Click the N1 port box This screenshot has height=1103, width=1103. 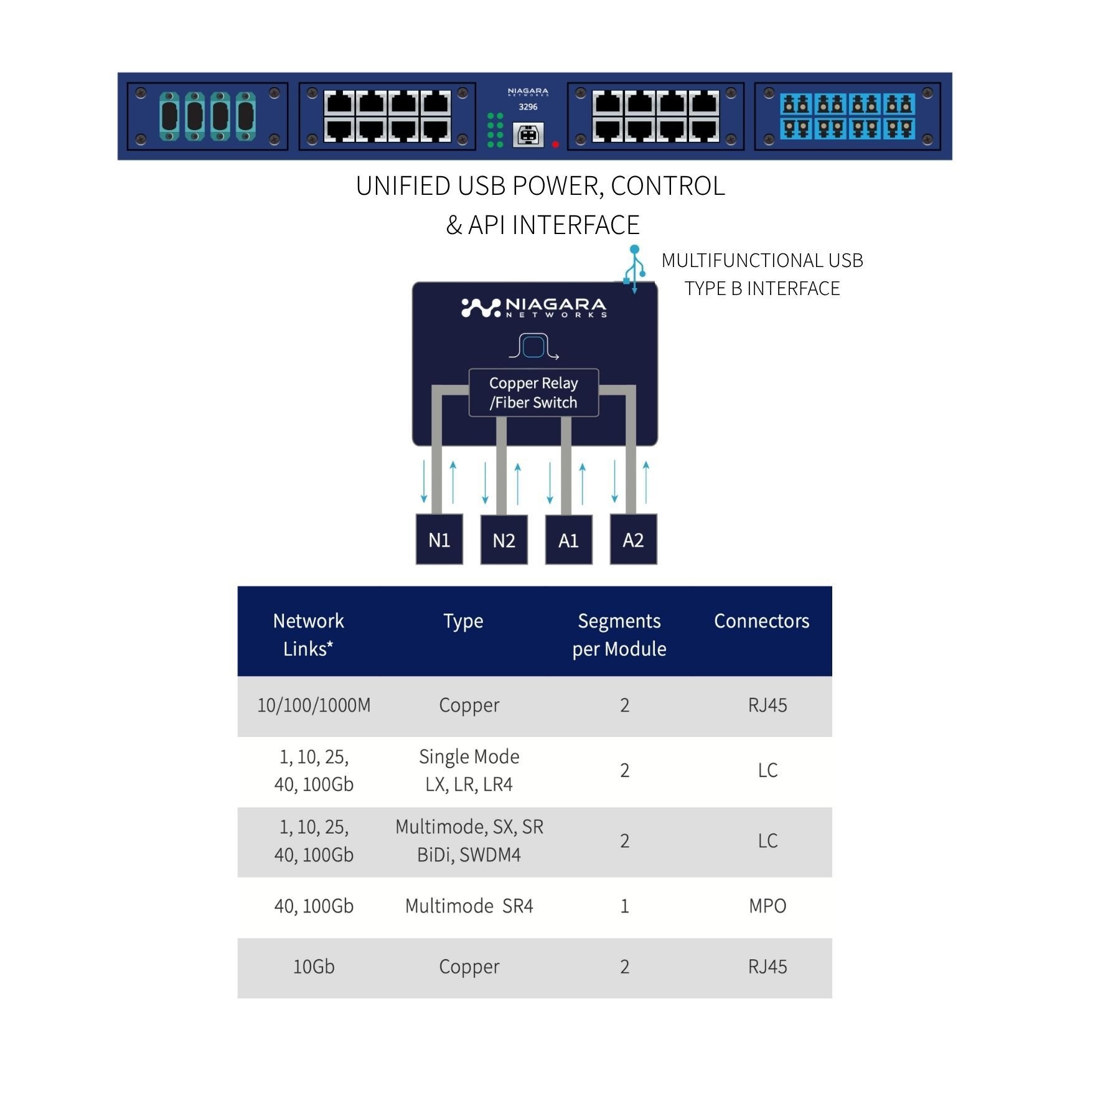[x=439, y=539]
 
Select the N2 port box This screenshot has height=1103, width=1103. [x=504, y=540]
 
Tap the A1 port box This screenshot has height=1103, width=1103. [x=568, y=540]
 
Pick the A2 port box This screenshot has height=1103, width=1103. [x=633, y=539]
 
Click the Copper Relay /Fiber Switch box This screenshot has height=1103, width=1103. [x=533, y=393]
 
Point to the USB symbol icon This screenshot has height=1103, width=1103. [x=634, y=270]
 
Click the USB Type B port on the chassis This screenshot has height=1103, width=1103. [x=528, y=134]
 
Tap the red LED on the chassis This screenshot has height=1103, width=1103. [x=555, y=144]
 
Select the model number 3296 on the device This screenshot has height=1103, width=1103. [x=528, y=107]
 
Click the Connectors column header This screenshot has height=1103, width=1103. [x=761, y=621]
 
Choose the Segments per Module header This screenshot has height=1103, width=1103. [x=619, y=634]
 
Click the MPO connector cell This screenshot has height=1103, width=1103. [x=767, y=906]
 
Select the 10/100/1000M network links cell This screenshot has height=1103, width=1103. [x=314, y=705]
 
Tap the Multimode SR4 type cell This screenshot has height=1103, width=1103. [x=469, y=906]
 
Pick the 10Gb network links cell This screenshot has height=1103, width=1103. [x=314, y=967]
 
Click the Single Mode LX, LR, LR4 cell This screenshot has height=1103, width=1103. [x=469, y=770]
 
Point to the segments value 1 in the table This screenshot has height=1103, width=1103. [x=624, y=906]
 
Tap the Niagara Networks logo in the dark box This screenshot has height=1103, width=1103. [x=534, y=307]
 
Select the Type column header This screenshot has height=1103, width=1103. [x=463, y=621]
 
